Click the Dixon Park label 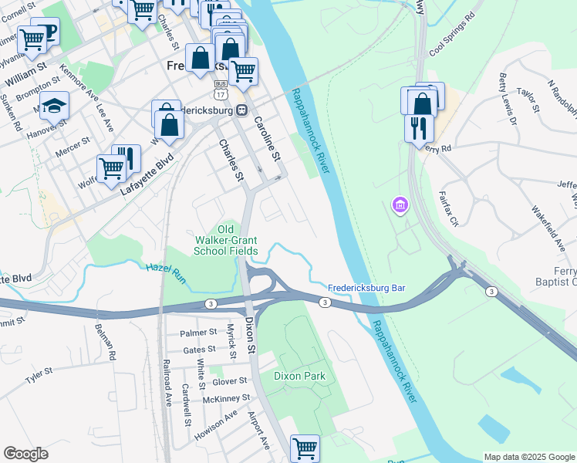[x=300, y=376]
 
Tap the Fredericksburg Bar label [x=366, y=288]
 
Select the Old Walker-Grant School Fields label [x=225, y=240]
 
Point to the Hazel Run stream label [x=164, y=270]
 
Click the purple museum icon [x=400, y=205]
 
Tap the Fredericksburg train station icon [x=241, y=109]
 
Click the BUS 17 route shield [x=221, y=88]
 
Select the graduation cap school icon [x=55, y=105]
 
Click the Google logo [x=25, y=454]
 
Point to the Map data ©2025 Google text [x=528, y=457]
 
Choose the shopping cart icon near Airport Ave [x=305, y=448]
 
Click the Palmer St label [x=198, y=333]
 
